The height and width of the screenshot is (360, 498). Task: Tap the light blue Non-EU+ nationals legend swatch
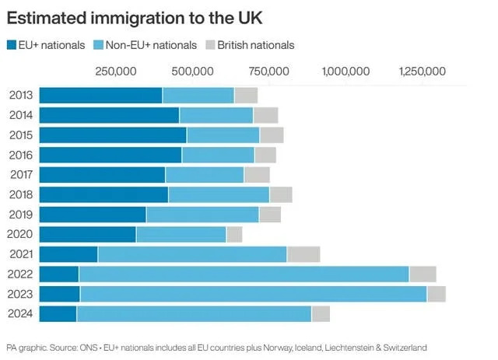click(x=97, y=45)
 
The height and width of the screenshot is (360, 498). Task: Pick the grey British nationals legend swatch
click(x=210, y=45)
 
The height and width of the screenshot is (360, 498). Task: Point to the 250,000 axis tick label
click(x=116, y=72)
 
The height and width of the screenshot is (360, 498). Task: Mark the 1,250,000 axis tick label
click(x=421, y=72)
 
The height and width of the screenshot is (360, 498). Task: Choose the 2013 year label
click(x=21, y=96)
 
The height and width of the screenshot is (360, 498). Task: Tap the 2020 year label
click(x=21, y=234)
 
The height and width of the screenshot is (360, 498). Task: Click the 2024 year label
click(x=21, y=313)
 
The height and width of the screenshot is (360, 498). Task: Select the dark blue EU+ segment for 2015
click(x=113, y=135)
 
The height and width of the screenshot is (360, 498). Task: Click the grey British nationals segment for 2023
click(x=436, y=294)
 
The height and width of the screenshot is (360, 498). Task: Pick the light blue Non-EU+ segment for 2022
click(x=244, y=274)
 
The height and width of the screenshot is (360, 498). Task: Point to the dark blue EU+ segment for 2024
click(x=58, y=313)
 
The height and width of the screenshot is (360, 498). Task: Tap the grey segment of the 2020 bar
click(x=233, y=234)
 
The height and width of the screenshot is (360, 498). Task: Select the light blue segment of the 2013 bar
click(x=198, y=96)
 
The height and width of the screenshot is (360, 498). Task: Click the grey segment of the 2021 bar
click(x=303, y=254)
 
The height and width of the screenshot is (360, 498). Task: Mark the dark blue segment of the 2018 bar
click(x=103, y=194)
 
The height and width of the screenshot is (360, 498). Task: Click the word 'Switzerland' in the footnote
click(x=405, y=347)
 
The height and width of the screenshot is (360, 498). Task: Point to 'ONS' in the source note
click(x=89, y=347)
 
